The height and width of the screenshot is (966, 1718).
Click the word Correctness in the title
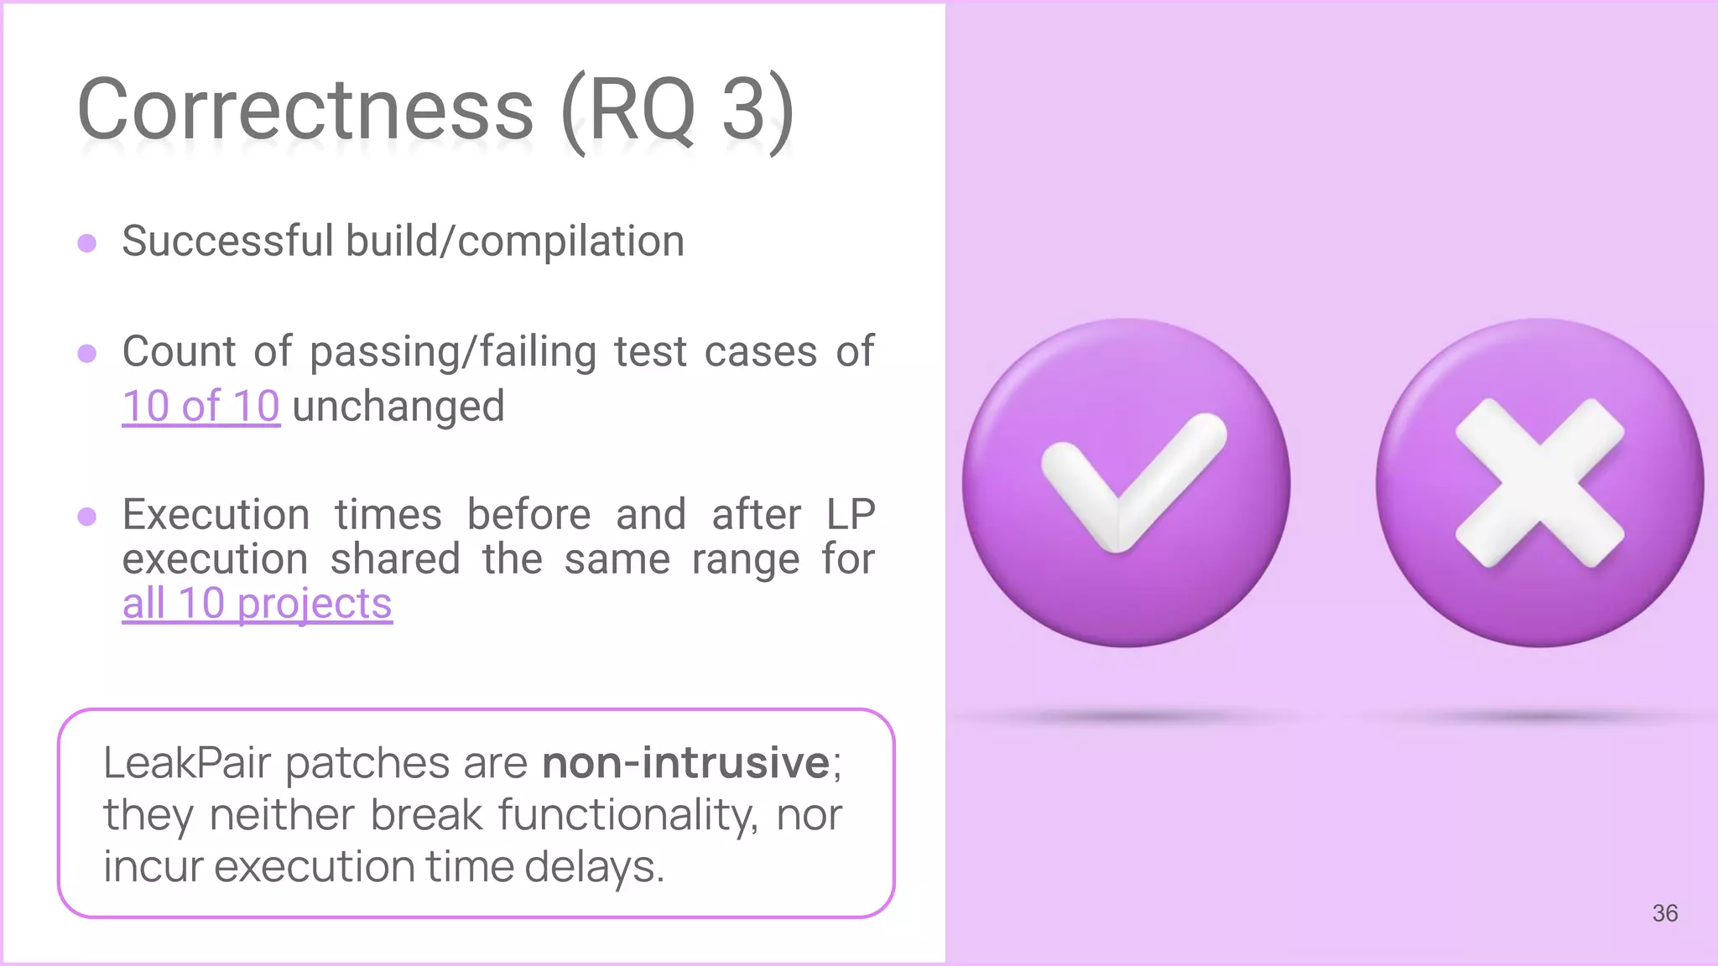pyautogui.click(x=305, y=109)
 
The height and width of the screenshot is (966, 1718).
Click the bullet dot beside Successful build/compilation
pyautogui.click(x=86, y=243)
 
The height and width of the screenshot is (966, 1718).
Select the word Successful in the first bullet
pyautogui.click(x=227, y=241)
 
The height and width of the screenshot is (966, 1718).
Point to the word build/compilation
pyautogui.click(x=515, y=243)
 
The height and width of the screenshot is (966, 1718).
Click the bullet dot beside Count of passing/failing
pyautogui.click(x=86, y=353)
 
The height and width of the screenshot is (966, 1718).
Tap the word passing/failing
pyautogui.click(x=453, y=352)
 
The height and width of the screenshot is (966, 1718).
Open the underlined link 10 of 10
pyautogui.click(x=200, y=407)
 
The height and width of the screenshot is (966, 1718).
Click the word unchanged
pyautogui.click(x=398, y=407)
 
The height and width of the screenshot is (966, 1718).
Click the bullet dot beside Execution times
pyautogui.click(x=86, y=516)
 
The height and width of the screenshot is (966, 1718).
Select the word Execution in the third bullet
pyautogui.click(x=216, y=514)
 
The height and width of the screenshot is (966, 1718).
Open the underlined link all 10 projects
pyautogui.click(x=257, y=604)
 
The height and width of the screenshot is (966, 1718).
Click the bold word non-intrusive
pyautogui.click(x=685, y=763)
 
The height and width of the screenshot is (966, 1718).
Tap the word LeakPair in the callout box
pyautogui.click(x=186, y=763)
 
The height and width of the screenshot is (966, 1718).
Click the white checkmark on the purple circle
pyautogui.click(x=1128, y=482)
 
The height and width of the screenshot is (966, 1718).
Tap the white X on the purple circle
pyautogui.click(x=1539, y=482)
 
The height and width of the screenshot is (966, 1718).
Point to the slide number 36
pyautogui.click(x=1664, y=913)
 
